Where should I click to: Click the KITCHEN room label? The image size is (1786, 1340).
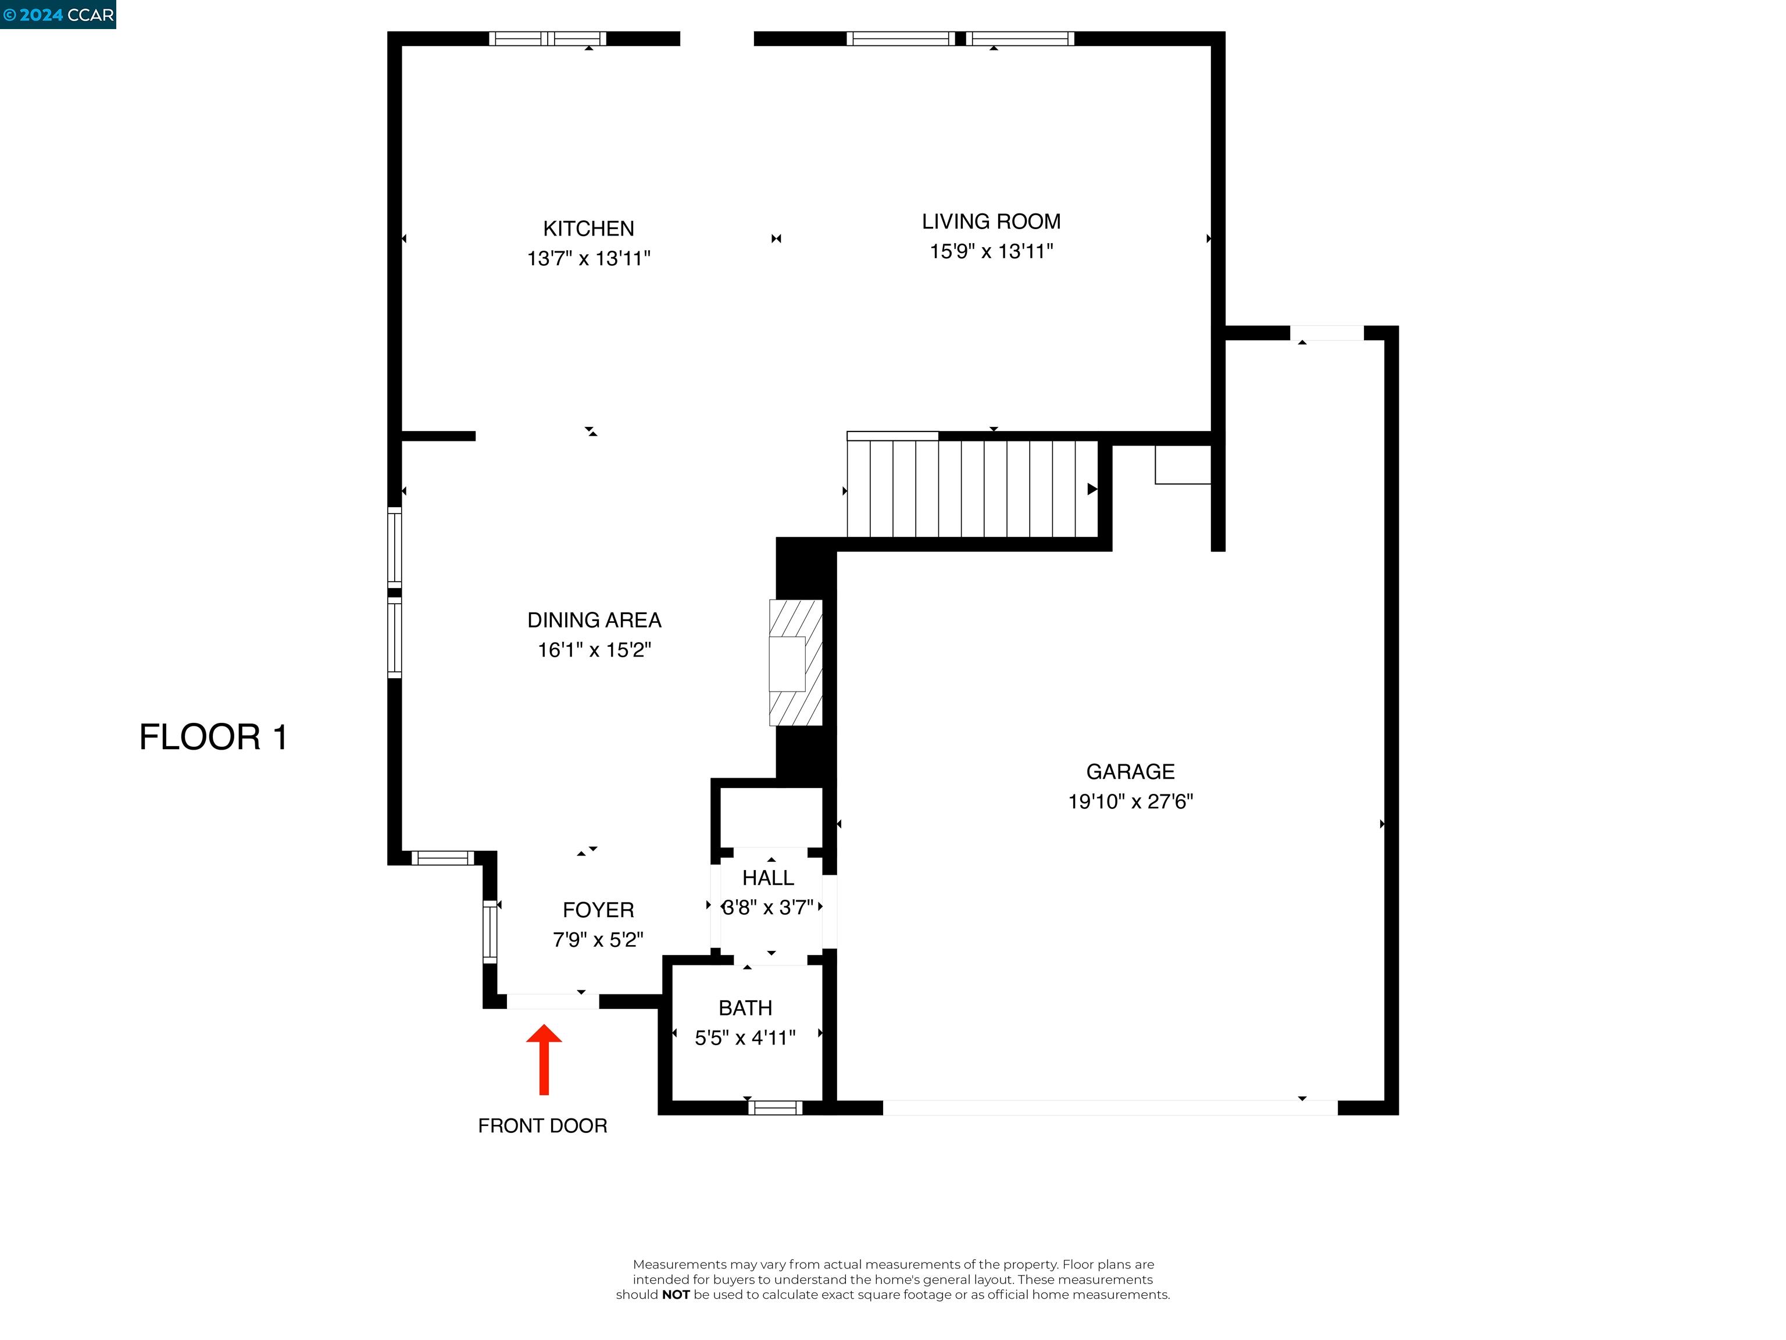pyautogui.click(x=588, y=229)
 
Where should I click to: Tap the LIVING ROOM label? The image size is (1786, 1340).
pyautogui.click(x=991, y=222)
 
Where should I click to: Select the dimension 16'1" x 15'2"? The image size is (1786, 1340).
pyautogui.click(x=594, y=650)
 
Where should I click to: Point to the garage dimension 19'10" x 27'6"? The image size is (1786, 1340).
pyautogui.click(x=1130, y=802)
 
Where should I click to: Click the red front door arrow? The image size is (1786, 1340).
pyautogui.click(x=544, y=1058)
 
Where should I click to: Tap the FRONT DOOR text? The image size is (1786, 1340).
pyautogui.click(x=542, y=1126)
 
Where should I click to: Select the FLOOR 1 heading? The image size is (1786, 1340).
pyautogui.click(x=213, y=737)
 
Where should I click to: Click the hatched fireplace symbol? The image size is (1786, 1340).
pyautogui.click(x=795, y=662)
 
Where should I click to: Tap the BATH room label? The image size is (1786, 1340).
pyautogui.click(x=745, y=1008)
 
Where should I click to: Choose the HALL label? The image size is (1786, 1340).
pyautogui.click(x=768, y=878)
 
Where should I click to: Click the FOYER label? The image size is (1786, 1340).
pyautogui.click(x=598, y=910)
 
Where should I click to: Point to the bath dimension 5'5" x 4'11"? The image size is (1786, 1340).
pyautogui.click(x=745, y=1038)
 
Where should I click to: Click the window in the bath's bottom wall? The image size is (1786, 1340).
pyautogui.click(x=774, y=1107)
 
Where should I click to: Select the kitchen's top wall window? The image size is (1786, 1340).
pyautogui.click(x=548, y=38)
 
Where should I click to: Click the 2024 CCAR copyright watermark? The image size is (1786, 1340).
pyautogui.click(x=58, y=15)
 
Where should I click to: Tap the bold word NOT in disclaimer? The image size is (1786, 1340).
pyautogui.click(x=675, y=1295)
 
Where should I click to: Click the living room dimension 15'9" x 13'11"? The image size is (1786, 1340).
pyautogui.click(x=991, y=251)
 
